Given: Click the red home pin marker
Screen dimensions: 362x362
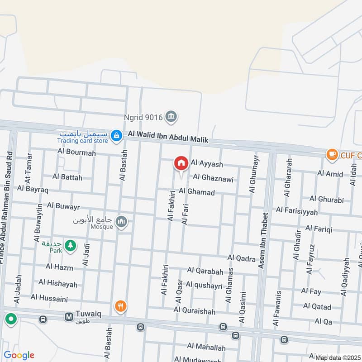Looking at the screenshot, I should coord(181,163).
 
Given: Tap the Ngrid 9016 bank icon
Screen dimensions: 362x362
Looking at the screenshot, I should coord(171,117).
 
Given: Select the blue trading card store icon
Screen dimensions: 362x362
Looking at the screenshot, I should coord(117,135).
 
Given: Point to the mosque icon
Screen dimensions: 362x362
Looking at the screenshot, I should coord(121,222).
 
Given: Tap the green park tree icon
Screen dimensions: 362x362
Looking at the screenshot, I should coord(70,246).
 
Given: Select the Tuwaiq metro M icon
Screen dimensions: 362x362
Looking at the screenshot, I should coord(69,318).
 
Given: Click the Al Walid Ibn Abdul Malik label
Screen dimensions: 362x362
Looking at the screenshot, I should coord(168,137).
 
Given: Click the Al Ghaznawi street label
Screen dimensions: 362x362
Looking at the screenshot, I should coord(213,179).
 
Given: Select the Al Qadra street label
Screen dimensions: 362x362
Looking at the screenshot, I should coord(242,258).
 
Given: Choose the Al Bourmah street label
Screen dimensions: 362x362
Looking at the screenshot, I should coord(76,152).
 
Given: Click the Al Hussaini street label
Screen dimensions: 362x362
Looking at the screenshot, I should coord(49,298).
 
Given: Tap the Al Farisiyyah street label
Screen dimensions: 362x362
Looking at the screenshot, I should coord(296,210).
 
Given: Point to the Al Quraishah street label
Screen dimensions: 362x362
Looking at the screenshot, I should coord(195,311).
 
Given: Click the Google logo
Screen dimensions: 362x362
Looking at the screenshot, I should coord(19,355).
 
